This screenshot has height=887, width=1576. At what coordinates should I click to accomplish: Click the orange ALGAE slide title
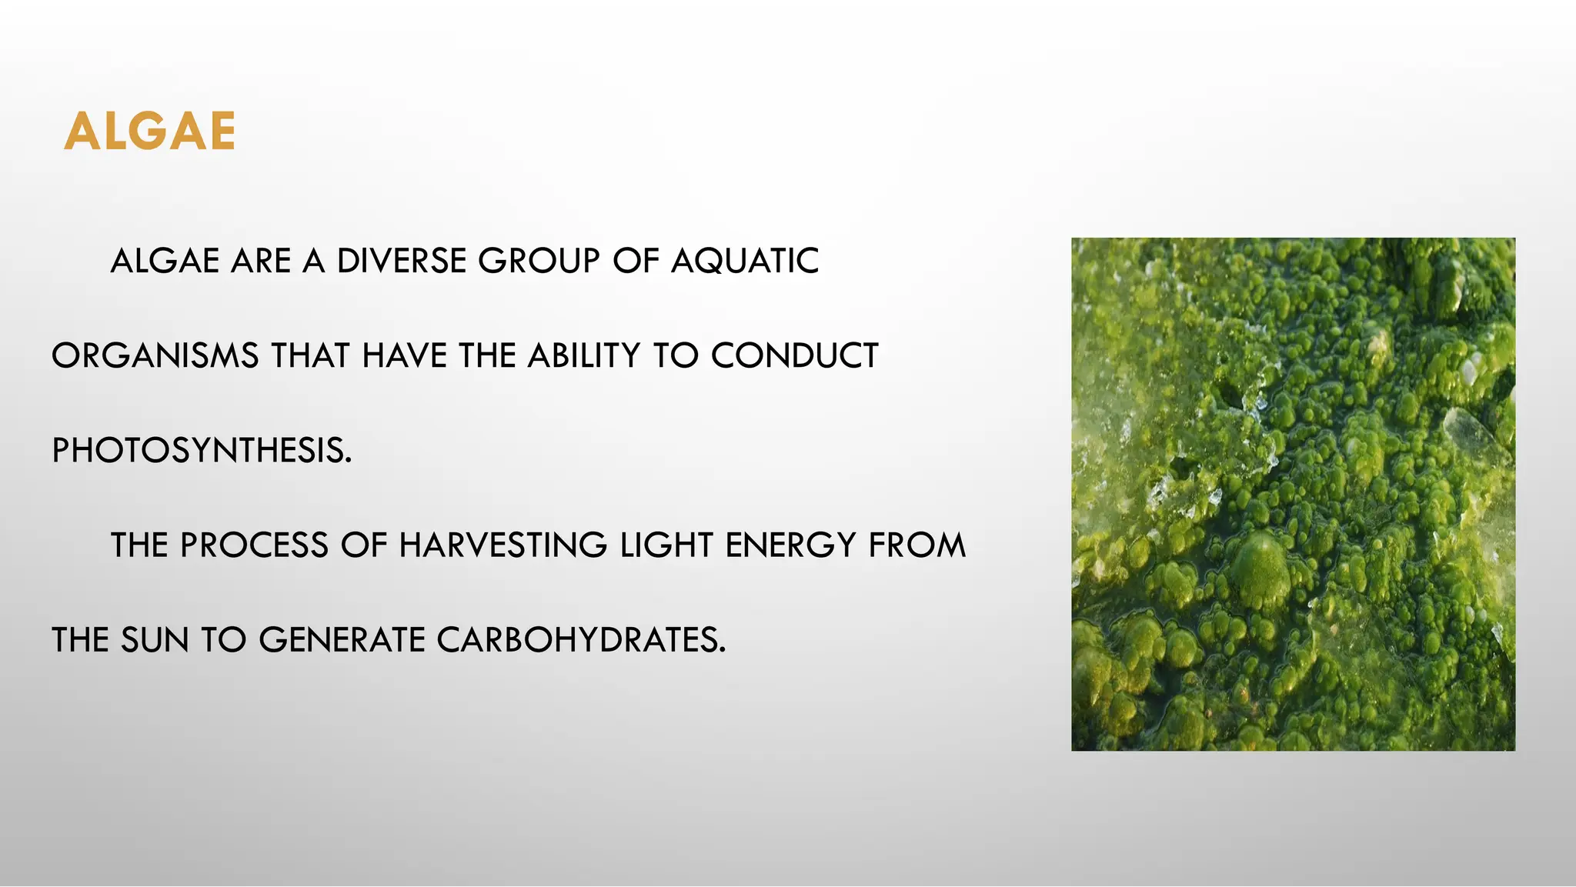150,132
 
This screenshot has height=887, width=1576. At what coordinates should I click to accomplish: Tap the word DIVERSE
402,262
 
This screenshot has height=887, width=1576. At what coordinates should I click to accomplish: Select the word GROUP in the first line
539,262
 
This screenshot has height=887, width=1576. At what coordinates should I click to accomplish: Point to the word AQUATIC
745,262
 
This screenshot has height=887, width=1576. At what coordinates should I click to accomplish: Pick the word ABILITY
584,356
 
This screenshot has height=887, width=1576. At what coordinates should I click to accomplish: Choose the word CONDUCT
794,356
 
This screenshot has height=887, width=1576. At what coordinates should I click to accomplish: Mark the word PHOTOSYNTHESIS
202,451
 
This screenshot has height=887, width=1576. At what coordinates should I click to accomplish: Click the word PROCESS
254,545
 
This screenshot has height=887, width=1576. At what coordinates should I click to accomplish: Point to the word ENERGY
790,545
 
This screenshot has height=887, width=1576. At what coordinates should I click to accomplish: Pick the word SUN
155,640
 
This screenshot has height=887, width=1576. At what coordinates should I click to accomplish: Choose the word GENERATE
342,640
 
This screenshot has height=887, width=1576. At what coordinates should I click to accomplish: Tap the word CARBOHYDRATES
581,640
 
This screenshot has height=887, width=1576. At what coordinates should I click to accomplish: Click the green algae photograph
1293,494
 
